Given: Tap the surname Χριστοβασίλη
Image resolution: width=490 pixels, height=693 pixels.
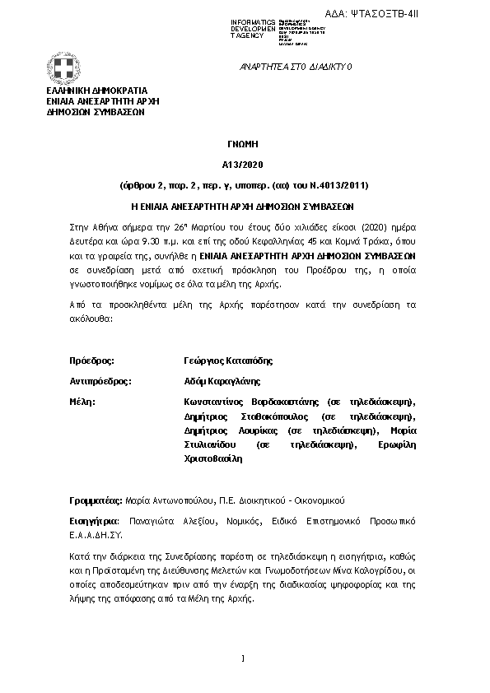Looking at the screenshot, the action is (x=214, y=458).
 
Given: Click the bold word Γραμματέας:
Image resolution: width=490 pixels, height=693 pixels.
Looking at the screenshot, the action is (x=96, y=500).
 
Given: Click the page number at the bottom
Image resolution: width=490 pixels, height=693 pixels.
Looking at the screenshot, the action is (x=244, y=658).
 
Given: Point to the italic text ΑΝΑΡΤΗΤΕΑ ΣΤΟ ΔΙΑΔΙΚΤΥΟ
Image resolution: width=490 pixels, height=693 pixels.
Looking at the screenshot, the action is (x=295, y=66).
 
